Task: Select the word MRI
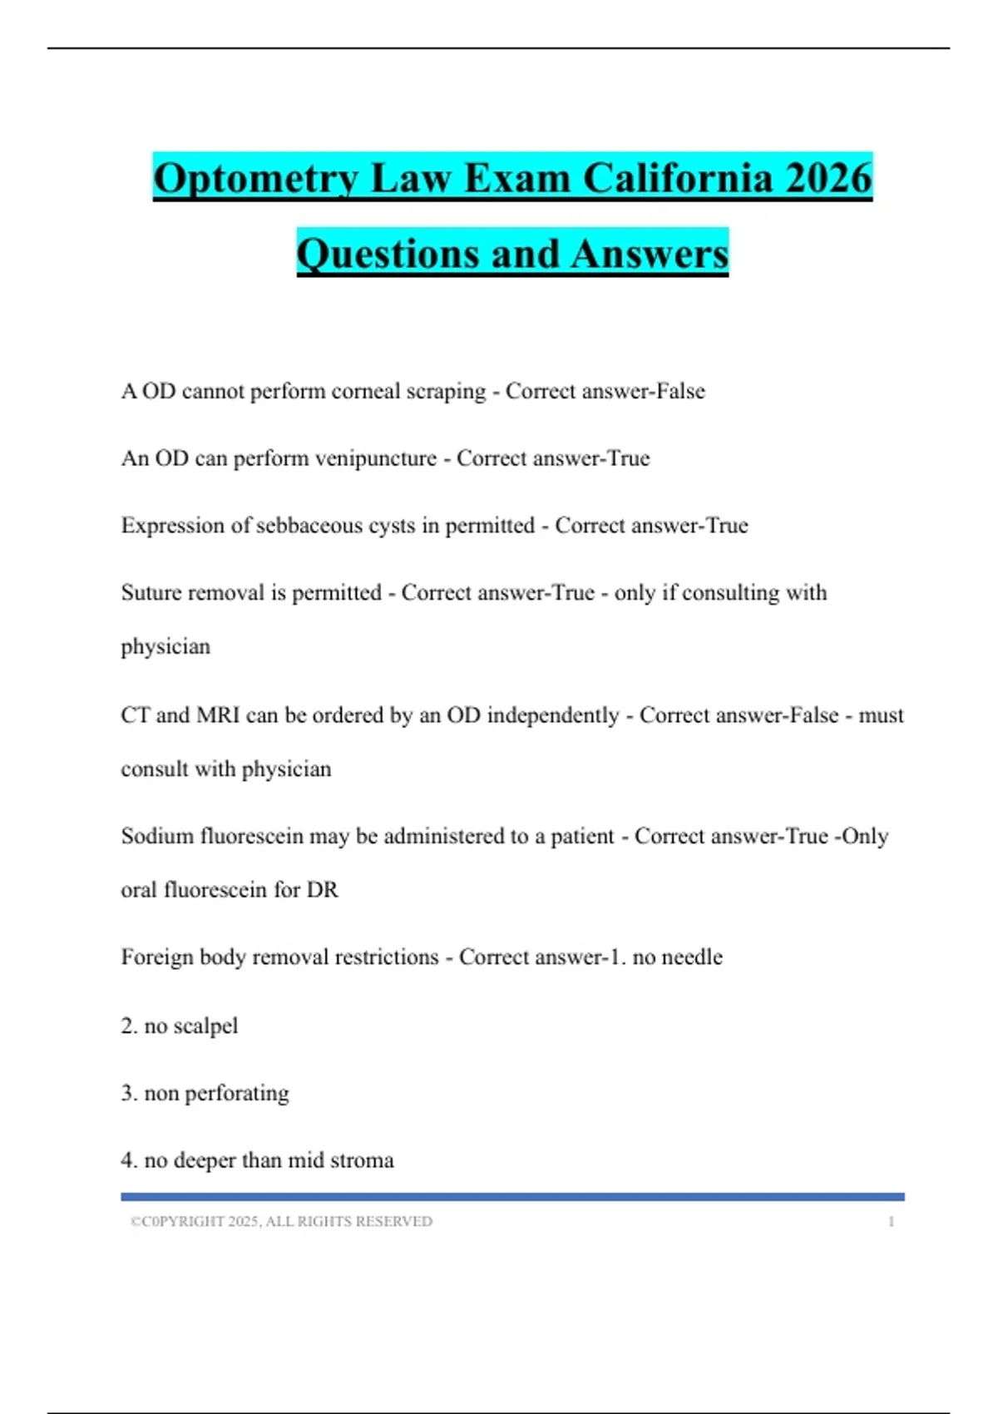(218, 715)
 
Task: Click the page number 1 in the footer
(891, 1222)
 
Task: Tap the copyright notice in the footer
(281, 1222)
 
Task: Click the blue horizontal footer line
(512, 1197)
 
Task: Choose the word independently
(553, 715)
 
